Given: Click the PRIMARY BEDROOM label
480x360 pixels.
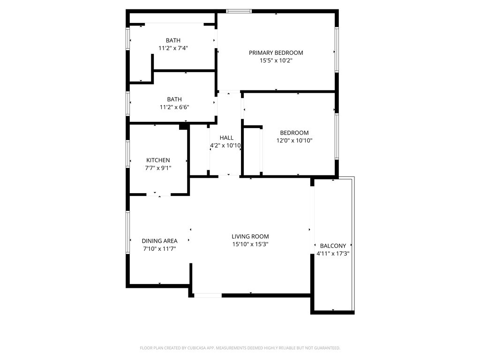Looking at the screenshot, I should point(276,53).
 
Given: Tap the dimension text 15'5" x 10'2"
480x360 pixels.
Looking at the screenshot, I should point(276,60).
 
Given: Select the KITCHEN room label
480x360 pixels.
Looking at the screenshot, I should point(158,160).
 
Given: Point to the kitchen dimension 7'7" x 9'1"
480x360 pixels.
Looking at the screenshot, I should point(158,168).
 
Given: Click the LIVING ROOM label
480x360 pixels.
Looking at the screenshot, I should point(250,237).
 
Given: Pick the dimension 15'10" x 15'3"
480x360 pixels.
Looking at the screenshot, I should point(250,244).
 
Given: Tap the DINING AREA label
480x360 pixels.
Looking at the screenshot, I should point(160,241).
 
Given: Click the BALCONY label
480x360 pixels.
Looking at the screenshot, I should point(333,246).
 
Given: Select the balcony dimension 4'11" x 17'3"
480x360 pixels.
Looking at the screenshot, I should point(333,254).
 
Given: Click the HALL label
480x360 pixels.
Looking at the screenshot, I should point(226,138).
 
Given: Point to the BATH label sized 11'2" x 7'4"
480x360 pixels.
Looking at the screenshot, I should point(173,41).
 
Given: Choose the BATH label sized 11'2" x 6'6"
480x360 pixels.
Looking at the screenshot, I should point(174,99).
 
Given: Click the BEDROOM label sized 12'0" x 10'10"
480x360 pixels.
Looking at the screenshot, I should point(294,133).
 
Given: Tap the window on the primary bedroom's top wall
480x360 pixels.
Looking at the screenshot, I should point(239,11).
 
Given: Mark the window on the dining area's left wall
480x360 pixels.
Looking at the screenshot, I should point(127,233).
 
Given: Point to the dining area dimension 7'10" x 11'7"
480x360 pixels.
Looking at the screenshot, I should point(160,249).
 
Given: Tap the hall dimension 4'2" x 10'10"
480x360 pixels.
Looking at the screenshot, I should point(225,146).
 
